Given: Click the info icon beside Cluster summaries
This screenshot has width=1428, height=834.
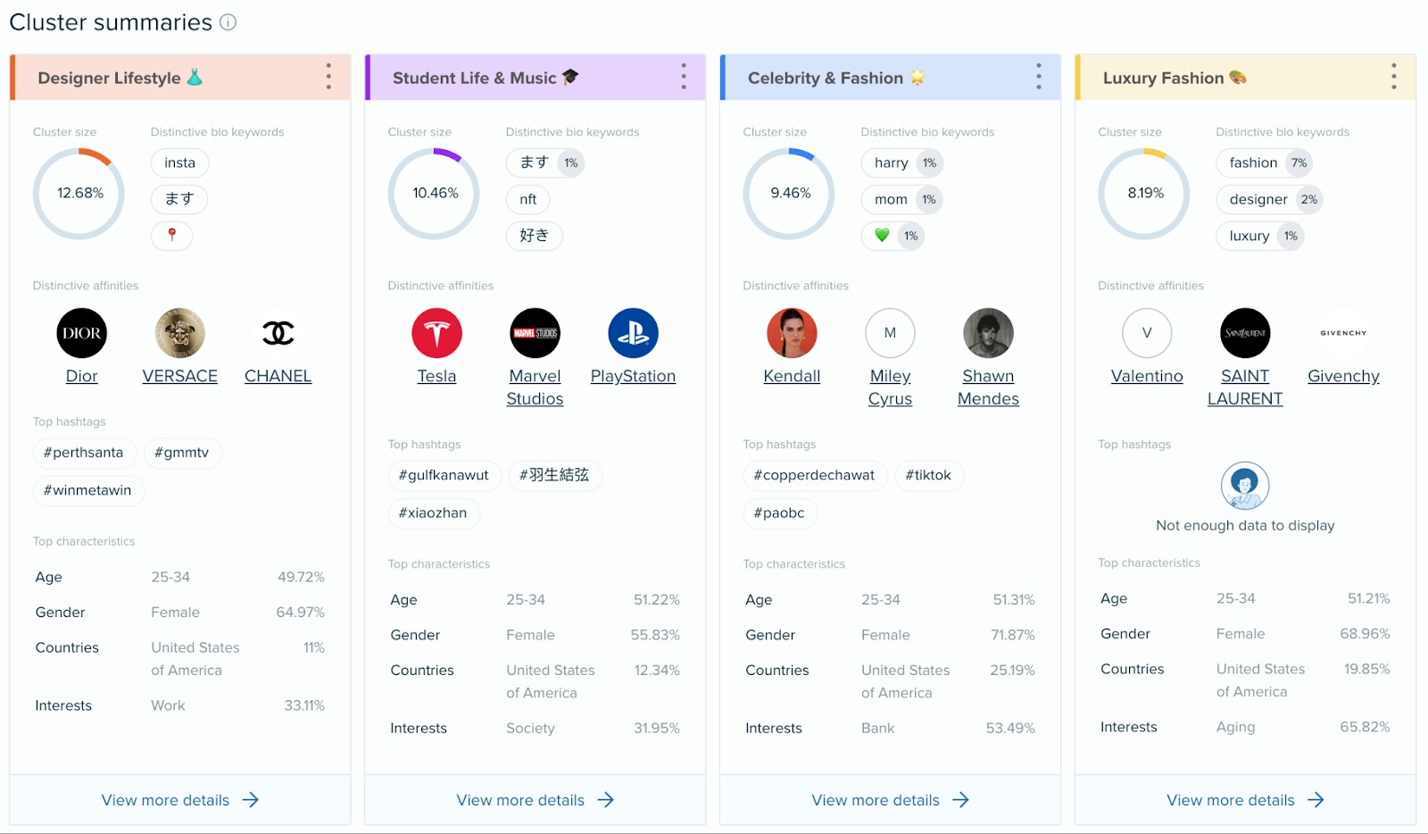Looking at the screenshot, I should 228,22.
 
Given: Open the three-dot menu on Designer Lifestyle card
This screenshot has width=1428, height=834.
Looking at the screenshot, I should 328,77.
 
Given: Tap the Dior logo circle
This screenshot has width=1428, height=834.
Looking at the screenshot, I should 81,333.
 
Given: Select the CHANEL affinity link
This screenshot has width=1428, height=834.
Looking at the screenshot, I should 278,376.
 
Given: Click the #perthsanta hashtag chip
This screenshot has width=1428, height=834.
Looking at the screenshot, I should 84,453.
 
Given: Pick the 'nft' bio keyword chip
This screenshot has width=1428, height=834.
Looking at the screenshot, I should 527,199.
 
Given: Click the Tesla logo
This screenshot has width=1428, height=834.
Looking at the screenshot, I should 436,333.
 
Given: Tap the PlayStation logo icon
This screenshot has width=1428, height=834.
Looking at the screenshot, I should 633,333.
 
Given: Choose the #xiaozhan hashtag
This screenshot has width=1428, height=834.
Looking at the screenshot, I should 433,513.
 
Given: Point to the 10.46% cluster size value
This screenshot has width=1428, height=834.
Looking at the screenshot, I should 435,193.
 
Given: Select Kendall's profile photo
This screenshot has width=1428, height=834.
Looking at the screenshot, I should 792,333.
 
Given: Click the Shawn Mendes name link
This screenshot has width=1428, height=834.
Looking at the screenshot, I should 988,388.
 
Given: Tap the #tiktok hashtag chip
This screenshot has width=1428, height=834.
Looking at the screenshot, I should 928,475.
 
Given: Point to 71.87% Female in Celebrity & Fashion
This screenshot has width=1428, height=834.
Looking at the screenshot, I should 1012,635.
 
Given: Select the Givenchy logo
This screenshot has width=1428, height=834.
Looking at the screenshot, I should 1343,333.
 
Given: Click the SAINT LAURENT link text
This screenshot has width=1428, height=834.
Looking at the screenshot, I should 1245,388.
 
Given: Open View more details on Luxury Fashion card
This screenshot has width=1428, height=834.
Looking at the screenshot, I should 1244,800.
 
